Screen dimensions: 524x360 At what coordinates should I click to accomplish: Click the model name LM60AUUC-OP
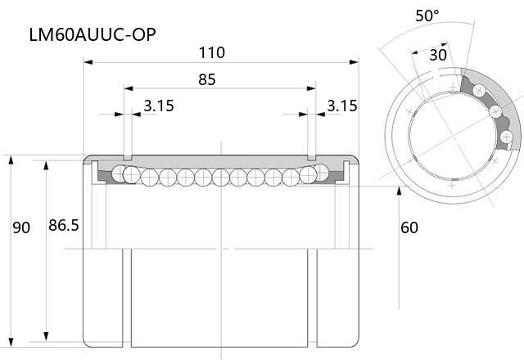pos(93,34)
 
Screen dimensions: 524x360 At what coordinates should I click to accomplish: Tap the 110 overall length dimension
pos(212,52)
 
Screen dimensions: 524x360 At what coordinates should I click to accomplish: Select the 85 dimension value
pos(207,79)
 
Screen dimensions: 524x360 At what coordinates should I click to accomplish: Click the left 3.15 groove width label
pos(159,106)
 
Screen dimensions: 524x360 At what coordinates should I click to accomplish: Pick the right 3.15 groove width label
pos(342,106)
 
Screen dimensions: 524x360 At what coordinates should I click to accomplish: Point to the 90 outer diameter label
pos(21,227)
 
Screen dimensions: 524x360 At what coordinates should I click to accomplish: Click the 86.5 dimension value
pos(64,225)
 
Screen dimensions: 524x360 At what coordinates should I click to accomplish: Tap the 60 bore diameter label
pos(409,227)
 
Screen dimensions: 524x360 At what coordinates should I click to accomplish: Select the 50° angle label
pos(427,16)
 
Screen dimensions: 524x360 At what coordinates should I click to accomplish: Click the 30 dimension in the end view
pos(438,55)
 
